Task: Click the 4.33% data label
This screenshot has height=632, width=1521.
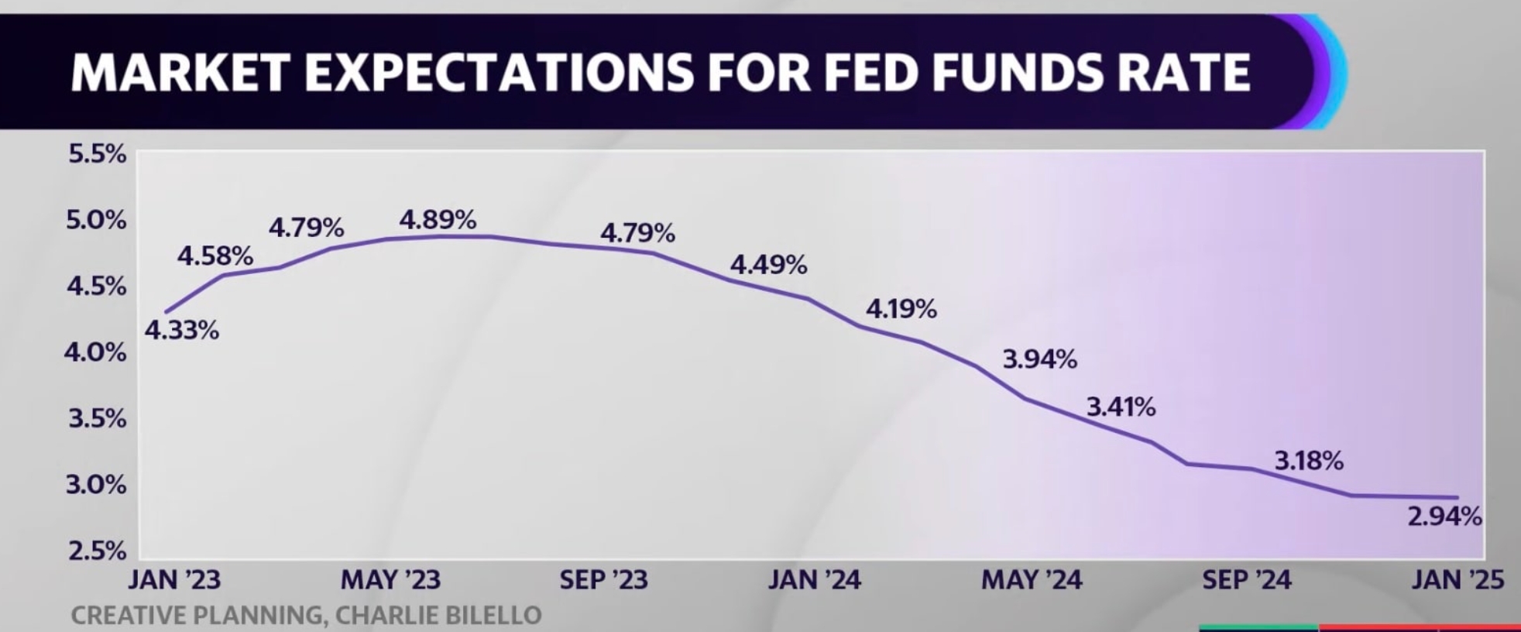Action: [182, 331]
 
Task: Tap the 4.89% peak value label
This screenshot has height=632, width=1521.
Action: [438, 220]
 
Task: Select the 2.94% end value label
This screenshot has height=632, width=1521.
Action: [1444, 516]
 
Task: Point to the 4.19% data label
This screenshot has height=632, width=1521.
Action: [901, 309]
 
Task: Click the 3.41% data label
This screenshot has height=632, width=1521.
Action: [1121, 407]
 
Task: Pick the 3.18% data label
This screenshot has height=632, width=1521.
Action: [1309, 461]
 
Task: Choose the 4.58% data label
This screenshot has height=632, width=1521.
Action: [215, 256]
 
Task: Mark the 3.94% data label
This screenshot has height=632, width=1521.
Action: [1039, 359]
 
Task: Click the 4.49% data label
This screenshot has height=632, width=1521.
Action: [768, 266]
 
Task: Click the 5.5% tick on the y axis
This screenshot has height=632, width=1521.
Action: [98, 154]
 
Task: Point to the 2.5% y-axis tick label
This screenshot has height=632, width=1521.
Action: [98, 551]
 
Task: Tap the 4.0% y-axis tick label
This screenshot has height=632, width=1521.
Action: [95, 352]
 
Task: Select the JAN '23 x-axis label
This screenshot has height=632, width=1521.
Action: [174, 580]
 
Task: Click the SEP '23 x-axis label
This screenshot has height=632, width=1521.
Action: [603, 580]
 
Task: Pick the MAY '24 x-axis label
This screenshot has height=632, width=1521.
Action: [1032, 580]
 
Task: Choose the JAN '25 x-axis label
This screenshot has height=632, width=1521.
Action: [1457, 580]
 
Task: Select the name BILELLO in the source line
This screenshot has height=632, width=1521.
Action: [493, 616]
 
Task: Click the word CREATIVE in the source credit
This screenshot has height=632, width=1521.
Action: [129, 616]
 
